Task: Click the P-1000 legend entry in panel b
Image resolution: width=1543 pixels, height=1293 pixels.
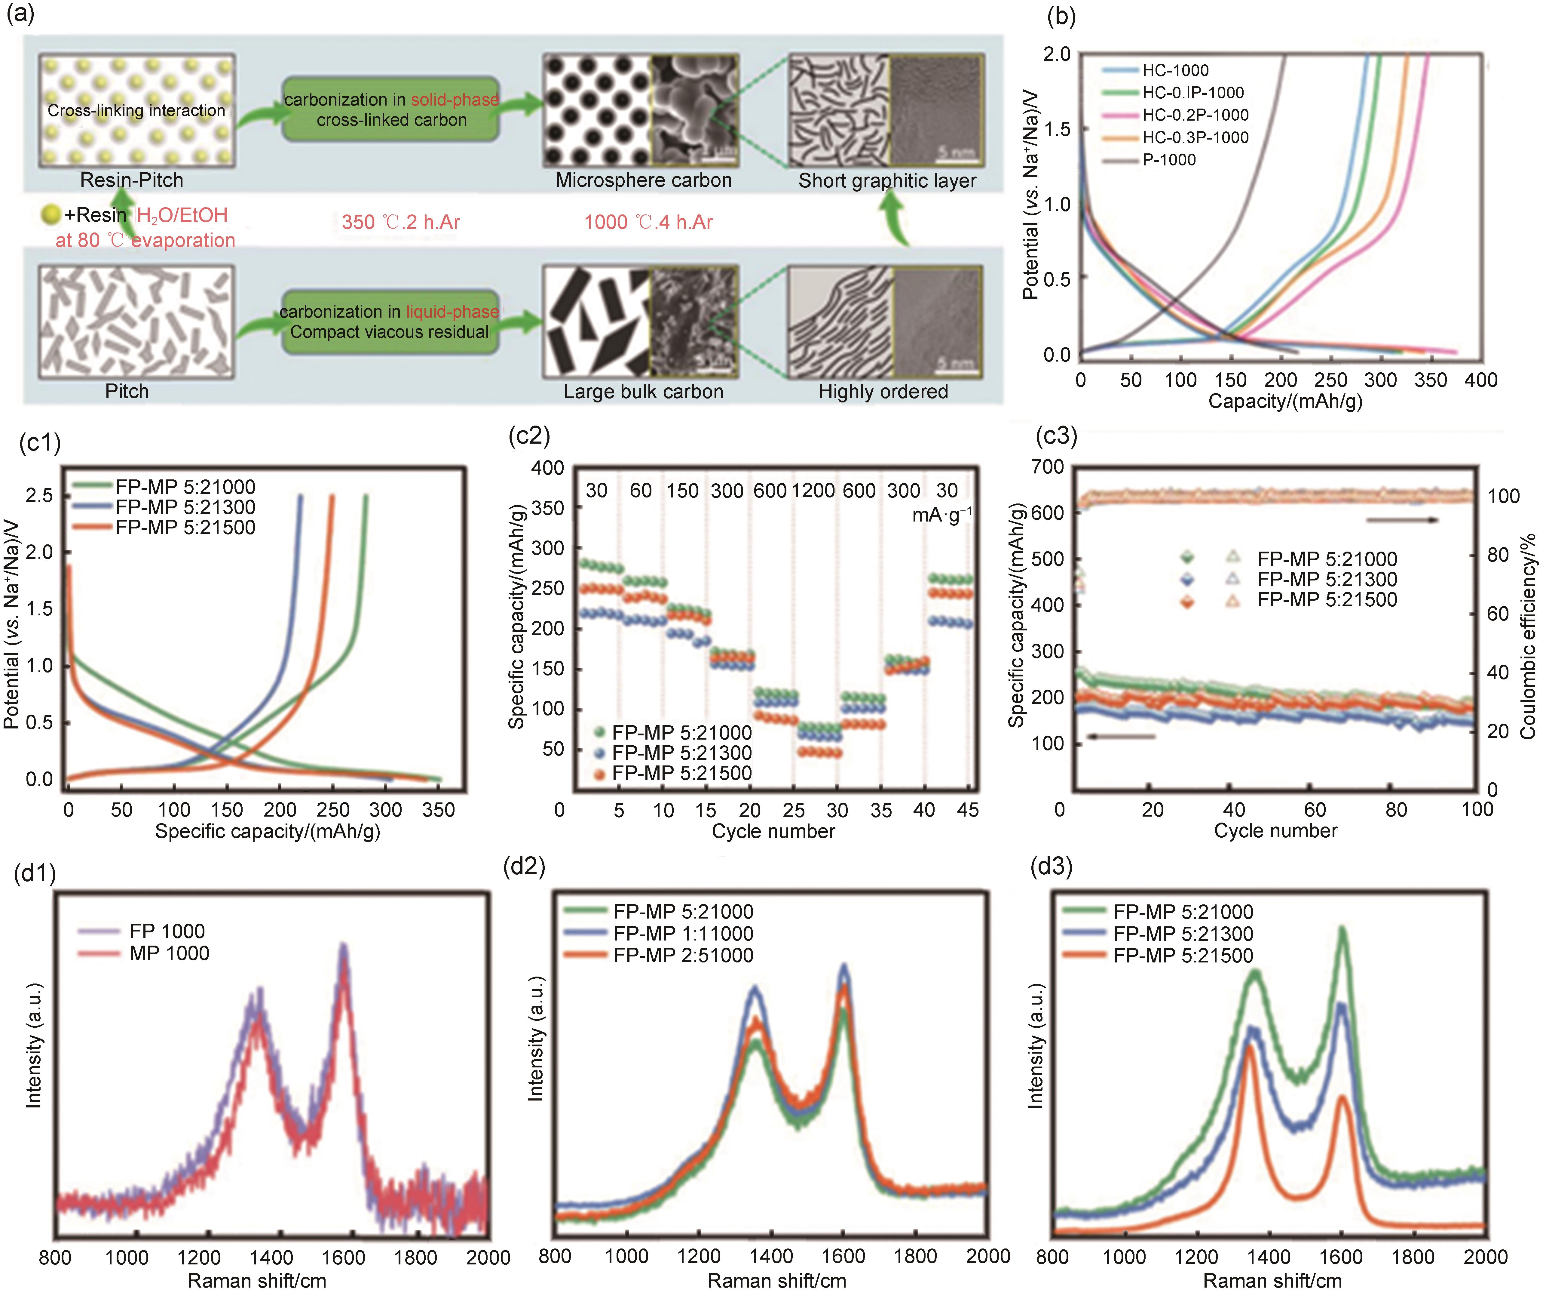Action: pyautogui.click(x=1168, y=159)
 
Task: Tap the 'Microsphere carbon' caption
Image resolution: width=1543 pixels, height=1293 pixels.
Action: pyautogui.click(x=643, y=180)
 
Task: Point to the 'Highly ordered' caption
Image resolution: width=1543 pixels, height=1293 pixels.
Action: pyautogui.click(x=883, y=391)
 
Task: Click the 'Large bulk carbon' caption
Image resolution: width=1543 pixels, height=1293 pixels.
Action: pyautogui.click(x=643, y=391)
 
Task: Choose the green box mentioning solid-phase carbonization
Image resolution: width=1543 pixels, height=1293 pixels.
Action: pyautogui.click(x=391, y=109)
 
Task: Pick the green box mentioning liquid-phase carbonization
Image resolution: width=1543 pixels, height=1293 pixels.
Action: pyautogui.click(x=389, y=322)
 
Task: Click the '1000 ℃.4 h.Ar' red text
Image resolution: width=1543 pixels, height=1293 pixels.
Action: pyautogui.click(x=648, y=222)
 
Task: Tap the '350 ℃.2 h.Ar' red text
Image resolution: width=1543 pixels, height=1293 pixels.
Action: pyautogui.click(x=400, y=222)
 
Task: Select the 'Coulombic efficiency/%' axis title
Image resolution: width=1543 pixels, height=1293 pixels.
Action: pyautogui.click(x=1528, y=636)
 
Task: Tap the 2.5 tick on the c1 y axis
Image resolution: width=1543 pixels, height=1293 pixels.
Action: pyautogui.click(x=40, y=495)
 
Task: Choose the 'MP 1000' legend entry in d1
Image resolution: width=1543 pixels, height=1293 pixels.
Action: pyautogui.click(x=169, y=953)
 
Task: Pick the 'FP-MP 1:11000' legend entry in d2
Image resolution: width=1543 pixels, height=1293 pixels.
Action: pyautogui.click(x=683, y=934)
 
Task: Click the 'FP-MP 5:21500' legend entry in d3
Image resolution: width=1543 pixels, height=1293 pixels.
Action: pyautogui.click(x=1183, y=956)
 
